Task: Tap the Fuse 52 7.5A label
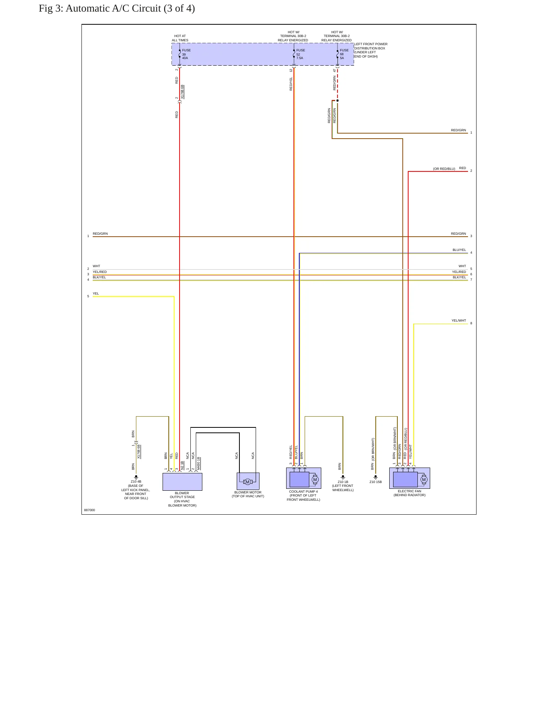[x=300, y=54]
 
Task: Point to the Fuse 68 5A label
[x=344, y=54]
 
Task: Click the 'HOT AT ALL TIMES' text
[x=180, y=38]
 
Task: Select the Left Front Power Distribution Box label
[x=371, y=50]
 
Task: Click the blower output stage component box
[x=182, y=482]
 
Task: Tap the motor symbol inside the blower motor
[x=248, y=481]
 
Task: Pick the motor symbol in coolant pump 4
[x=315, y=480]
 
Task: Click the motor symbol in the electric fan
[x=424, y=480]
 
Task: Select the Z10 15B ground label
[x=375, y=482]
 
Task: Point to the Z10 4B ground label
[x=136, y=481]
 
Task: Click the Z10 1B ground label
[x=343, y=482]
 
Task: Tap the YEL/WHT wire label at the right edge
[x=459, y=320]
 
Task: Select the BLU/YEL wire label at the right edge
[x=459, y=250]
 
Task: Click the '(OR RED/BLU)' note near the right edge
[x=444, y=169]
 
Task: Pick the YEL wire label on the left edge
[x=96, y=293]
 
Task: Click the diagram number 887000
[x=90, y=510]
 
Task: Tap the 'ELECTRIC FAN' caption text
[x=409, y=491]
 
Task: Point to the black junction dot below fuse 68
[x=338, y=100]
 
